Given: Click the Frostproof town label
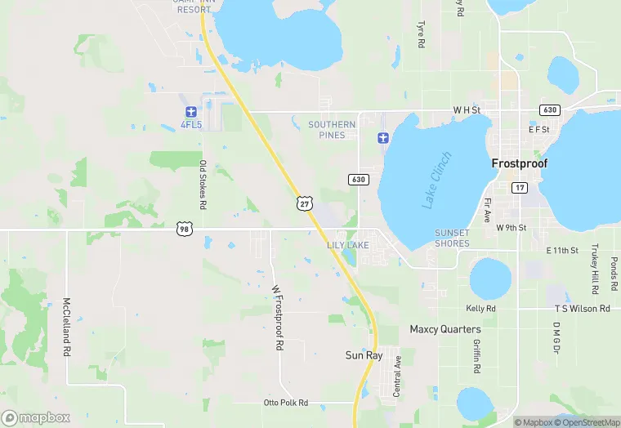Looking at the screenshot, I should click(x=519, y=163).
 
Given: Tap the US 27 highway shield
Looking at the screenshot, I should click(x=304, y=203).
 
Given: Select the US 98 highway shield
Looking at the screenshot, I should click(x=184, y=230).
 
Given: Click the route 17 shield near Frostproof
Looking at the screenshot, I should click(x=520, y=188).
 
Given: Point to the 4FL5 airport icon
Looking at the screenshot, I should click(x=190, y=111).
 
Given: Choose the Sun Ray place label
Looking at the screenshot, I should click(x=364, y=355).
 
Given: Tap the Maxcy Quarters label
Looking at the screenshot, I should click(x=445, y=329).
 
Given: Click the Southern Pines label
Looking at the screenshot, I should click(x=332, y=129).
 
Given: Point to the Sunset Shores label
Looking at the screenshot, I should click(x=452, y=238).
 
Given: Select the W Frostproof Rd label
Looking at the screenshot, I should click(x=277, y=318).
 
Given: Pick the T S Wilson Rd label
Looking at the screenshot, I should click(x=582, y=309).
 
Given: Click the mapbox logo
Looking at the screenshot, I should click(x=36, y=417).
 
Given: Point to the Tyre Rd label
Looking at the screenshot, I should click(x=421, y=34).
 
